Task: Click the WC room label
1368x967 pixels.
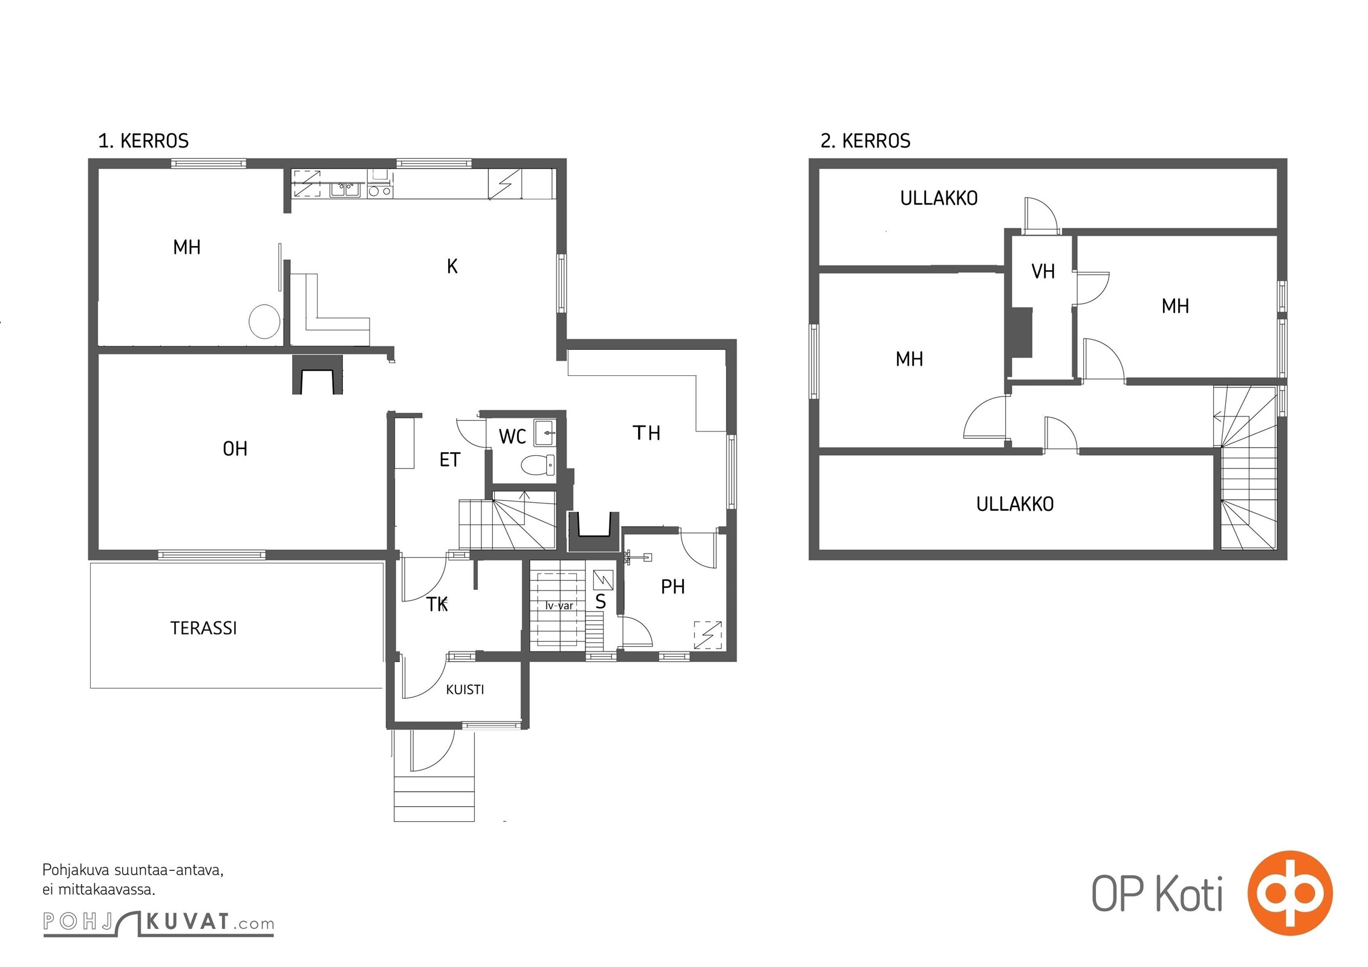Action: point(512,436)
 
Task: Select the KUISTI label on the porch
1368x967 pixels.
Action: point(464,690)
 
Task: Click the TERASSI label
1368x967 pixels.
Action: point(203,628)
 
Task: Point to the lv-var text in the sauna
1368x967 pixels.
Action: point(559,605)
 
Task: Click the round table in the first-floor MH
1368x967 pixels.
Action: point(264,321)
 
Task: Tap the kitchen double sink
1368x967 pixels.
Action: point(345,190)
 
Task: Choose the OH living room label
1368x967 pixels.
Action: point(235,448)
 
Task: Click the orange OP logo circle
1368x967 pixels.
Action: point(1289,893)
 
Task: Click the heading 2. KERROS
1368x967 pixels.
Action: point(865,141)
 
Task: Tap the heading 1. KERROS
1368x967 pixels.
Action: point(143,141)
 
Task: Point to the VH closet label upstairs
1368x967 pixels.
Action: point(1043,271)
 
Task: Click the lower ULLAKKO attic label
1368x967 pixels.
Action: point(1015,504)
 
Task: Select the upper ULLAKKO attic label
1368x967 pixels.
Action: point(939,198)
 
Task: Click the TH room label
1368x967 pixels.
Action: point(646,433)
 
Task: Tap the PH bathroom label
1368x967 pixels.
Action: point(673,586)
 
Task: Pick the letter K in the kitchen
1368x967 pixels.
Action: point(452,266)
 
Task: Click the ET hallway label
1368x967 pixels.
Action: point(449,460)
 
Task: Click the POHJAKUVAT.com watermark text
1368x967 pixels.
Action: point(158,922)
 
